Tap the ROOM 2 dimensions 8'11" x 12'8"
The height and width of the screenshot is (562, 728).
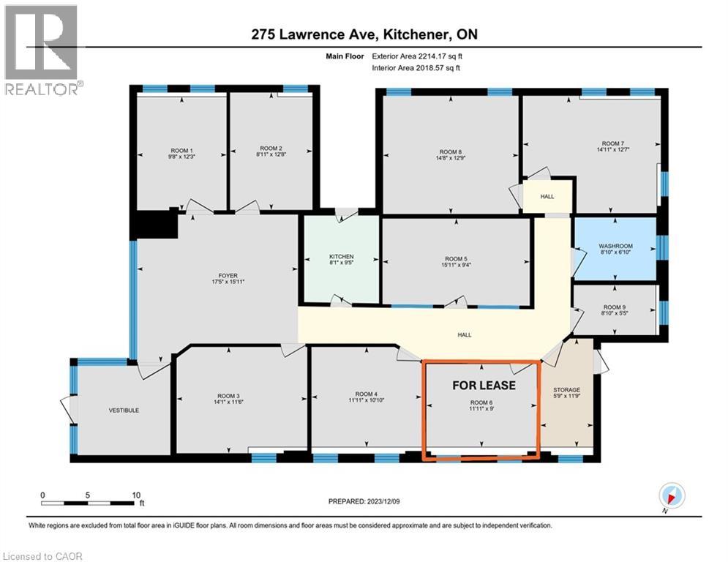(x=270, y=155)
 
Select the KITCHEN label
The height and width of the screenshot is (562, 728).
(x=341, y=257)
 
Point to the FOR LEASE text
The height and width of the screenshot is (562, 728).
(x=484, y=385)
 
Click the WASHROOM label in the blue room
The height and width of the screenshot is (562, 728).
(x=615, y=246)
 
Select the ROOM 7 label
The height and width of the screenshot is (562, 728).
(x=612, y=143)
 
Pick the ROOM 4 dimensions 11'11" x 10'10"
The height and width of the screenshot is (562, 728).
(x=365, y=401)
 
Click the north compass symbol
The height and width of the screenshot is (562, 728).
(x=672, y=495)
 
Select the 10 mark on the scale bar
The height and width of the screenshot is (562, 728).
(x=136, y=495)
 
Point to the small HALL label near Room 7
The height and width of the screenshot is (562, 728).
(x=547, y=196)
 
